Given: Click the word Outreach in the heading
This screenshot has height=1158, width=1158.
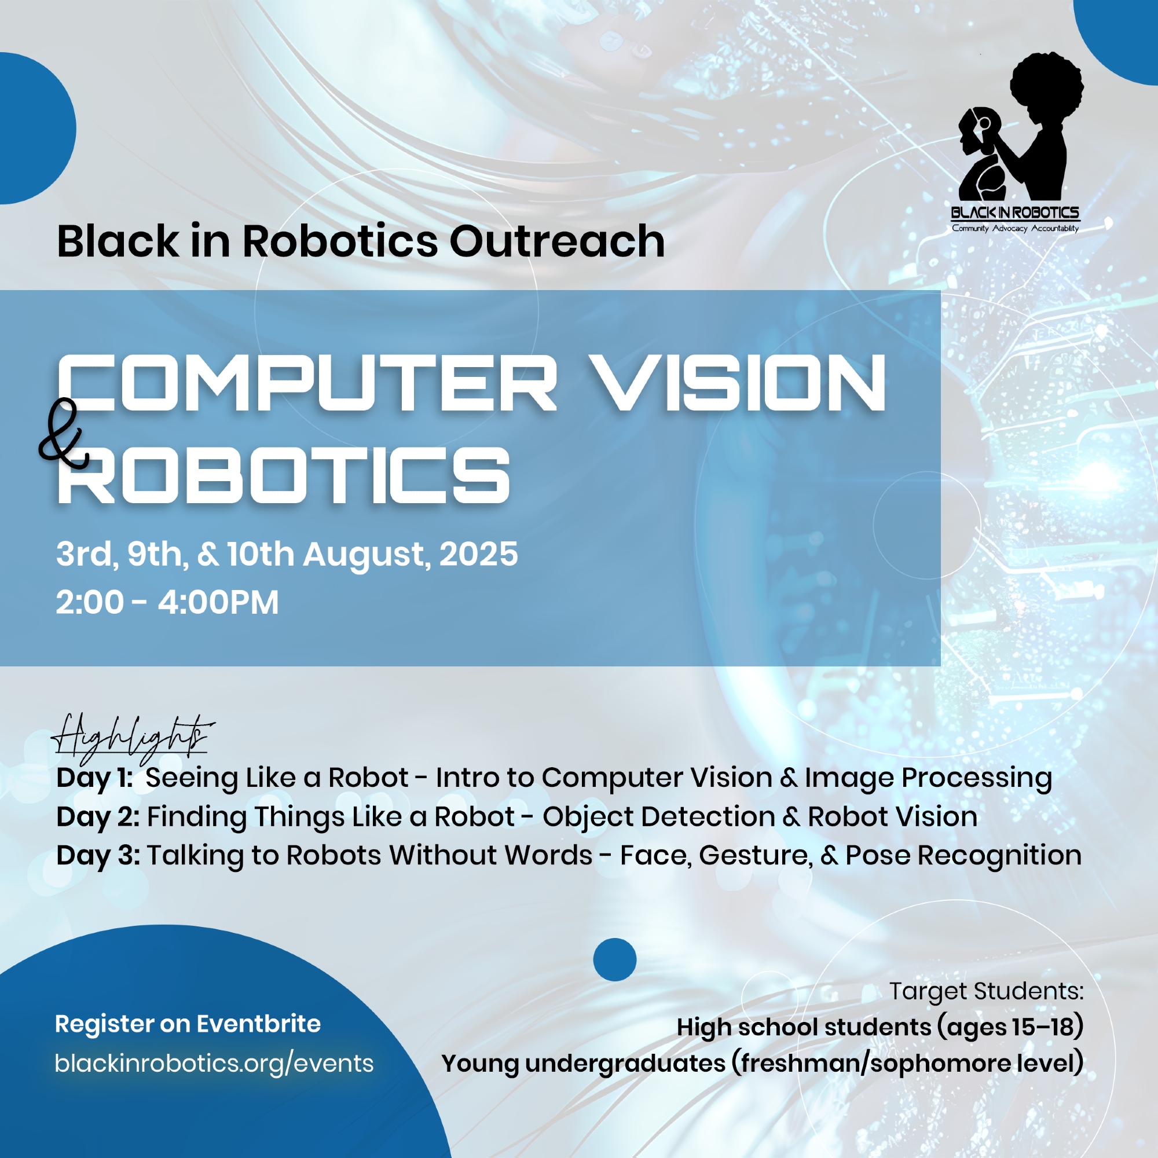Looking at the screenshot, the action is pyautogui.click(x=557, y=241).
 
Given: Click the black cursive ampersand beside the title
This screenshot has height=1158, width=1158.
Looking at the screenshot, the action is pyautogui.click(x=63, y=433).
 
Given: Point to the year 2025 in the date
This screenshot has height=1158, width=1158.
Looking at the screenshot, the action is pyautogui.click(x=478, y=554).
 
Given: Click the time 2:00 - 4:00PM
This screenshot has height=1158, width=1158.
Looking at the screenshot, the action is pyautogui.click(x=167, y=602).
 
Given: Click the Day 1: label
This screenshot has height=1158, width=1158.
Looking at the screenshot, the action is pyautogui.click(x=94, y=778).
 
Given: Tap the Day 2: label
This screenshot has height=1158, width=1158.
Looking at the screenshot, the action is pyautogui.click(x=98, y=816).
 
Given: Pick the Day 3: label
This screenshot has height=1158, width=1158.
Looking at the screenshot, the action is pyautogui.click(x=98, y=855).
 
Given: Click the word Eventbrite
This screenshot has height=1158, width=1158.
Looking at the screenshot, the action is pyautogui.click(x=259, y=1023).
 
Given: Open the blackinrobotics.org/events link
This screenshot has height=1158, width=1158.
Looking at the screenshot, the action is pyautogui.click(x=214, y=1063).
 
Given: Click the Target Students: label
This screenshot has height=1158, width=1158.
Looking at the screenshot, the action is pyautogui.click(x=987, y=991).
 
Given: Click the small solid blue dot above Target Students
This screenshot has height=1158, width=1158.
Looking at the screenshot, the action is pyautogui.click(x=614, y=959).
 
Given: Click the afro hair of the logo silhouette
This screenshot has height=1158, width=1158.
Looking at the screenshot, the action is pyautogui.click(x=1046, y=83).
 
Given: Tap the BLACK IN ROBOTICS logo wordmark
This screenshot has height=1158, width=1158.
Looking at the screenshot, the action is pyautogui.click(x=1016, y=212).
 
